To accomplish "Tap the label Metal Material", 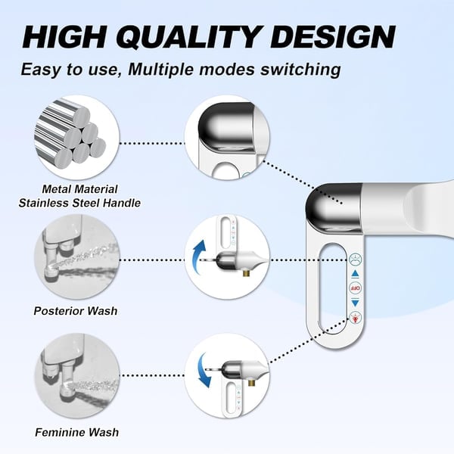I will [x=79, y=188].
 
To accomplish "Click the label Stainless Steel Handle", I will [x=79, y=202].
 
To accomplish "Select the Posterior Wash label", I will [x=76, y=310].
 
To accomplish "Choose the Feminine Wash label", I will [x=76, y=433].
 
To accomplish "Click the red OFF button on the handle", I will [x=356, y=288].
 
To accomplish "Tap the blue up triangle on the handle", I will [x=356, y=274].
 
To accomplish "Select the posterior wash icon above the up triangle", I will [x=356, y=260].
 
